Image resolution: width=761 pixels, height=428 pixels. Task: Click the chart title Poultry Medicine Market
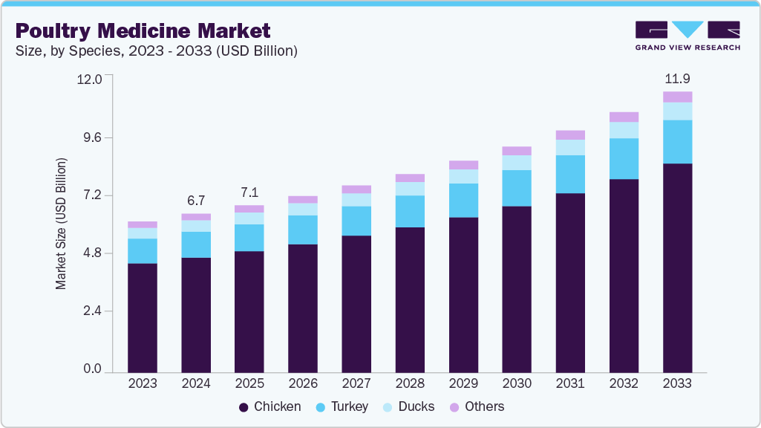(143, 30)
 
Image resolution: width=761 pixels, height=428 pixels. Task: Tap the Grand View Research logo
(687, 36)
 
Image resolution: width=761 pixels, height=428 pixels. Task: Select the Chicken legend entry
(270, 406)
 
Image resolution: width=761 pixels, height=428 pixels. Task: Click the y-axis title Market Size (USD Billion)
(61, 224)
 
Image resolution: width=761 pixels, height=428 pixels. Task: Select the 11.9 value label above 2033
(677, 79)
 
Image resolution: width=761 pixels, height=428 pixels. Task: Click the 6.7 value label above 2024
(196, 201)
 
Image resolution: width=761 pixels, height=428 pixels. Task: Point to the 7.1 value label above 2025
(249, 192)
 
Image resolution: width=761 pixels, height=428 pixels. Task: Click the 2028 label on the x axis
(410, 384)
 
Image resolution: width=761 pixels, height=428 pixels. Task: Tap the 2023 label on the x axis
(143, 384)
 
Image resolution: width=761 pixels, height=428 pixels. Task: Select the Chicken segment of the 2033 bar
(677, 267)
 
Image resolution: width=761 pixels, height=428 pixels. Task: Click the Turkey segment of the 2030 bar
(517, 188)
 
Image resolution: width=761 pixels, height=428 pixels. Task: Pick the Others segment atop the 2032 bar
(624, 117)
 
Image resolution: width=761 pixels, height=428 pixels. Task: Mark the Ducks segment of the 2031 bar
(570, 147)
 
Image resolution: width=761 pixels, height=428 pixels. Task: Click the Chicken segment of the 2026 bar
(303, 308)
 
